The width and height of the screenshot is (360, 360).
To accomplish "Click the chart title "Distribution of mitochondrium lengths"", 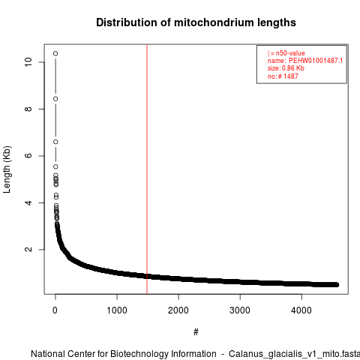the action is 196,22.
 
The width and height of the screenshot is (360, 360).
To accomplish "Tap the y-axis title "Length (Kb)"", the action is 7,169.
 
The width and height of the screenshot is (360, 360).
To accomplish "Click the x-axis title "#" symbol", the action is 196,331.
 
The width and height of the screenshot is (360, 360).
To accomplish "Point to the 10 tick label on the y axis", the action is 28,62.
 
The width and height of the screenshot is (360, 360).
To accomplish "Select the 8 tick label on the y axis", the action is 28,109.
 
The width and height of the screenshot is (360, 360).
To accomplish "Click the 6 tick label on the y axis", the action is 28,156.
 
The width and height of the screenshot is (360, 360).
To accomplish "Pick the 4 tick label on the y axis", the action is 28,202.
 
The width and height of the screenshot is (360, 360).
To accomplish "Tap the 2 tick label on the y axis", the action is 28,249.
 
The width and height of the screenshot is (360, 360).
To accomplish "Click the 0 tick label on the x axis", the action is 55,310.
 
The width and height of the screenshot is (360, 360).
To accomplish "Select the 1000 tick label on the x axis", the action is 117,310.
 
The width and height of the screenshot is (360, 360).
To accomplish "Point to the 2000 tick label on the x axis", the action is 178,310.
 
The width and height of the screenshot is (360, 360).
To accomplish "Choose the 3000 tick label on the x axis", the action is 240,310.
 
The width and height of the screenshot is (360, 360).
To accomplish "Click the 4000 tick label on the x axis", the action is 301,310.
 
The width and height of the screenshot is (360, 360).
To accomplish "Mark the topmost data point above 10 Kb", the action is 55,53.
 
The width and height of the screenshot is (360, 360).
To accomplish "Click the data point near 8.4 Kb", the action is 55,99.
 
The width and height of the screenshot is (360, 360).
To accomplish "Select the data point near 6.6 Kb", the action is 55,142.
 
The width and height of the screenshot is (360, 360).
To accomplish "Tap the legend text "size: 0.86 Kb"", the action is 286,68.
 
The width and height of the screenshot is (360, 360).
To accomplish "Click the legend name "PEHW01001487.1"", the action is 316,61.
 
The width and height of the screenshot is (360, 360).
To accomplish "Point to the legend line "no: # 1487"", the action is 283,76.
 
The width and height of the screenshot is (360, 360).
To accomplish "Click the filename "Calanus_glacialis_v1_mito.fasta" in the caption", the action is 294,354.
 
